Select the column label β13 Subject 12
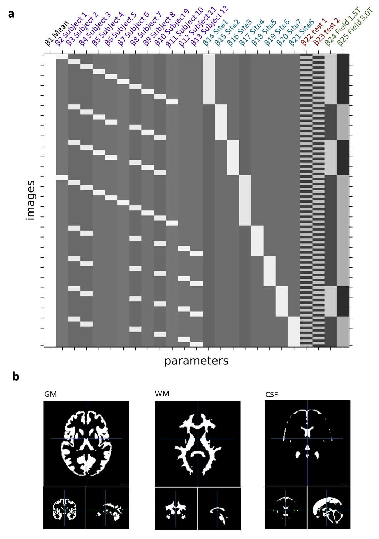pos(209,26)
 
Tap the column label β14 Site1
pos(215,33)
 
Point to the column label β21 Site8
pos(301,33)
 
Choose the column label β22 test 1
pos(314,32)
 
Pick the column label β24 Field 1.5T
pos(343,27)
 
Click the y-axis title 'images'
pos(31,200)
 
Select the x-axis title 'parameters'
pos(196,361)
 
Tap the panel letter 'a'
pos(11,14)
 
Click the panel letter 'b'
pos(15,377)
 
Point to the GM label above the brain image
pos(50,394)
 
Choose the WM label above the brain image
pos(162,394)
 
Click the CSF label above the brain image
pos(271,395)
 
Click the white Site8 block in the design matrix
pos(294,331)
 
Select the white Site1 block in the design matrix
pos(209,79)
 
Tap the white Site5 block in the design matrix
pos(258,241)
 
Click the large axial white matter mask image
pos(198,443)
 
